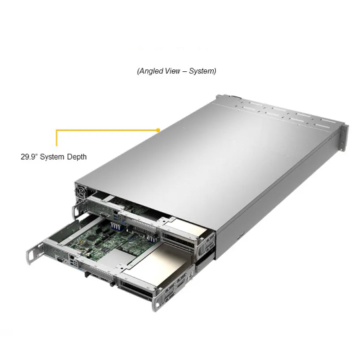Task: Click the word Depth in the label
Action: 75,157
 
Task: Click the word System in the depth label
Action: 52,157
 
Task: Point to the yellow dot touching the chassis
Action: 158,129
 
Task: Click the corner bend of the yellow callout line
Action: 57,130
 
